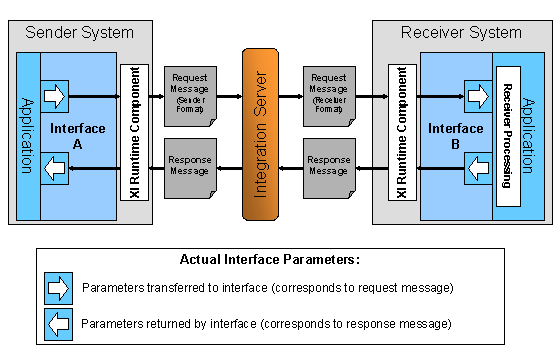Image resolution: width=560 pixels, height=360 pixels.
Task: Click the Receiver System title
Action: click(461, 32)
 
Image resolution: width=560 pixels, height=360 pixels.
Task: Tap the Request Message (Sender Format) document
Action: click(189, 93)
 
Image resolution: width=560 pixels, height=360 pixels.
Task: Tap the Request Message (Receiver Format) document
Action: click(328, 93)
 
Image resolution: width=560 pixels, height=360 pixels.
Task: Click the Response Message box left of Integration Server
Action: click(189, 166)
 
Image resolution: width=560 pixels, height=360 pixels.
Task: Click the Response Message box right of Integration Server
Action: click(328, 166)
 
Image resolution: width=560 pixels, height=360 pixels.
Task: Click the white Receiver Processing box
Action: click(507, 135)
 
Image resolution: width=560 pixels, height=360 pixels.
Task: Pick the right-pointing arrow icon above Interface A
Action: click(55, 97)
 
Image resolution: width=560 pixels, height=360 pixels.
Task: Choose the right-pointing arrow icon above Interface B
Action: click(478, 97)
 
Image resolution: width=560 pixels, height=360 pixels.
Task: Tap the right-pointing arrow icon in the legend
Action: click(59, 288)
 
